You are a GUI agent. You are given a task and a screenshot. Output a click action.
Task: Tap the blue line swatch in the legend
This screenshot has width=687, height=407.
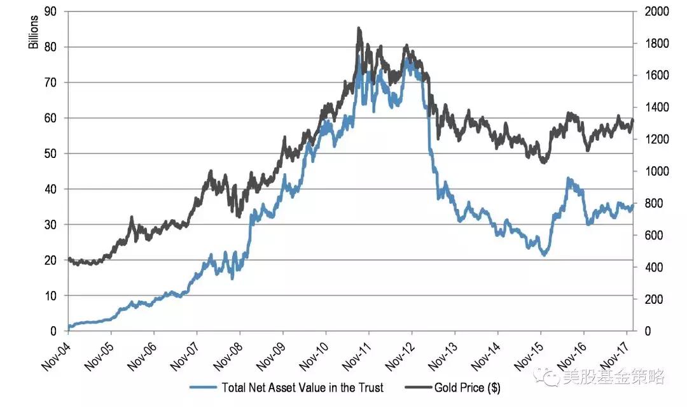(202, 387)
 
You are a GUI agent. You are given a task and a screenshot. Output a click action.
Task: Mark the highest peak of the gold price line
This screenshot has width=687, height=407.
(359, 28)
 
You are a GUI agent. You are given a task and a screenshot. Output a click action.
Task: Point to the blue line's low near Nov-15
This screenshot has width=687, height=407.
(543, 255)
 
